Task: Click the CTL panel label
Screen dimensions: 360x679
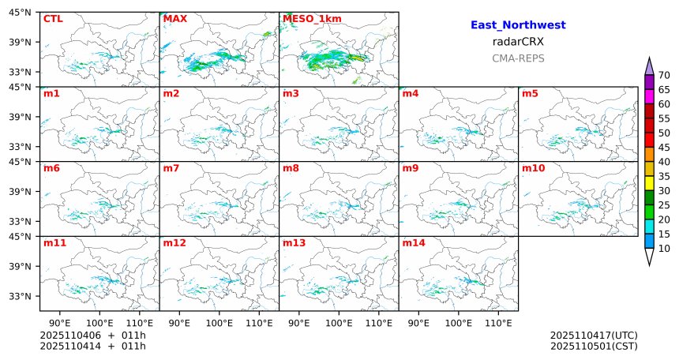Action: click(53, 18)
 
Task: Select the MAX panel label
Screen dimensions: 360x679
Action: click(174, 18)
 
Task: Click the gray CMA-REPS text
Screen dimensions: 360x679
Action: click(518, 58)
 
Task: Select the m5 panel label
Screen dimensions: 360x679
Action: click(531, 94)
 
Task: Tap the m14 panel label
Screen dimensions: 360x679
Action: click(414, 243)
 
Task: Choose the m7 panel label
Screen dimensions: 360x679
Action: click(171, 168)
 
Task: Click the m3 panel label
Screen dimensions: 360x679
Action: click(291, 94)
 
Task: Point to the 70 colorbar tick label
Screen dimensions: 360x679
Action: click(664, 75)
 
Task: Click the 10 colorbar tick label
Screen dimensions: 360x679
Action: click(664, 249)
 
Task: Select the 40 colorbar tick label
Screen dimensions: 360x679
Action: click(664, 162)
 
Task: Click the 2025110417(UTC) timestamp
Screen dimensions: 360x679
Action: click(594, 336)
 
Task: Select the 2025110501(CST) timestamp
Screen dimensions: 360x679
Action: click(594, 346)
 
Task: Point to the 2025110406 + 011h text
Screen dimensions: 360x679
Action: click(92, 336)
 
